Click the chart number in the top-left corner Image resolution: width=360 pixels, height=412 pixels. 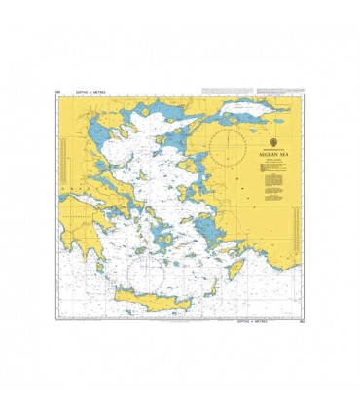tap(59, 92)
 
